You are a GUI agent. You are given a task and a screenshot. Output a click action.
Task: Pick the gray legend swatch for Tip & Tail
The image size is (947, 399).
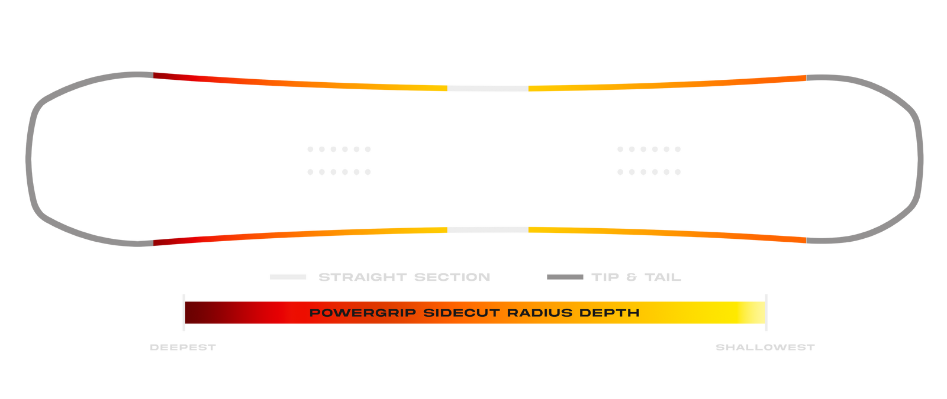565,277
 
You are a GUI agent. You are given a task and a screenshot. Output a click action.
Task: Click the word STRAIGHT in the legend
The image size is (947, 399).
362,277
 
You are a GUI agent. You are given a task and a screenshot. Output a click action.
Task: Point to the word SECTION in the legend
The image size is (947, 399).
452,277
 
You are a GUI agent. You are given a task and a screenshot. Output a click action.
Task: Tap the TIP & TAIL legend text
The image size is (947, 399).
636,277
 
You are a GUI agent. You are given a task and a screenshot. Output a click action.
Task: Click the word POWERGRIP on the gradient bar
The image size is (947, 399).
362,313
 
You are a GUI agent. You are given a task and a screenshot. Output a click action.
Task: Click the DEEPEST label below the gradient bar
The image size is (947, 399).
182,348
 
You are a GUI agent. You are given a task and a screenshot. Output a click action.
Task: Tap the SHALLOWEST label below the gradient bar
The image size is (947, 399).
765,348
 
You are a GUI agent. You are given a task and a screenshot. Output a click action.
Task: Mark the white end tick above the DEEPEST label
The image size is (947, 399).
184,312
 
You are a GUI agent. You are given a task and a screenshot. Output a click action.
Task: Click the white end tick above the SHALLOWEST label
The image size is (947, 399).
766,312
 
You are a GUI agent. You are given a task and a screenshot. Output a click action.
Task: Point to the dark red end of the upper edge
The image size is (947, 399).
163,76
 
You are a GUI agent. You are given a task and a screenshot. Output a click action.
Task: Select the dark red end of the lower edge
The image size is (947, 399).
163,242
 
